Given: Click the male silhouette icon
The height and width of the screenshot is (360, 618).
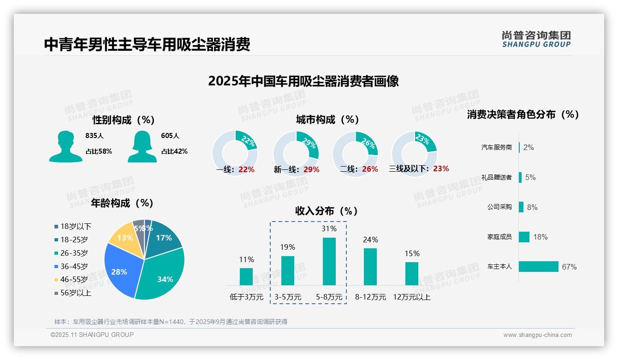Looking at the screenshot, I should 65,146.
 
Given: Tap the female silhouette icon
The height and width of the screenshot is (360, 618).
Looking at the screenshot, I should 142,146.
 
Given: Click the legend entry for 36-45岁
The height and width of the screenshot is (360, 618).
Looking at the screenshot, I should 74,266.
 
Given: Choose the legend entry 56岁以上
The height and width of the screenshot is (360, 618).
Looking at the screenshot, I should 76,293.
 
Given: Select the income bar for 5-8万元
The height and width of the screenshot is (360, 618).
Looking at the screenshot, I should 329,261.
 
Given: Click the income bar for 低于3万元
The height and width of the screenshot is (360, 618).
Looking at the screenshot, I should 246,276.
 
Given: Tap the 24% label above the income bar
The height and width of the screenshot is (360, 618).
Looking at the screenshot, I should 370,240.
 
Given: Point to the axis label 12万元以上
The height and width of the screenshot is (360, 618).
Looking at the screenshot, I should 411,297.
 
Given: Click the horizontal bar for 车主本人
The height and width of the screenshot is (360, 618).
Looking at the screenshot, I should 538,266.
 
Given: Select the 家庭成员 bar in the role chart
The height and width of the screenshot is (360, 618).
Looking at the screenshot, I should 524,237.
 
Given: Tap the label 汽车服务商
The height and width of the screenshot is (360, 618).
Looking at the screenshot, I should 496,148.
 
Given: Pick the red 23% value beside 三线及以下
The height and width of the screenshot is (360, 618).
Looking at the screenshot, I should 441,168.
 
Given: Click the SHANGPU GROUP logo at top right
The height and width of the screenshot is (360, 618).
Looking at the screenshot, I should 536,39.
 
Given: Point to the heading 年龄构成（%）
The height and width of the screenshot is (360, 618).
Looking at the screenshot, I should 122,203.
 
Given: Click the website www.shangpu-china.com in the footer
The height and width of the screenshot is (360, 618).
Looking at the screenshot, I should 537,335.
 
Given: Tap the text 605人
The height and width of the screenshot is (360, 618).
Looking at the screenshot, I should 170,136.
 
